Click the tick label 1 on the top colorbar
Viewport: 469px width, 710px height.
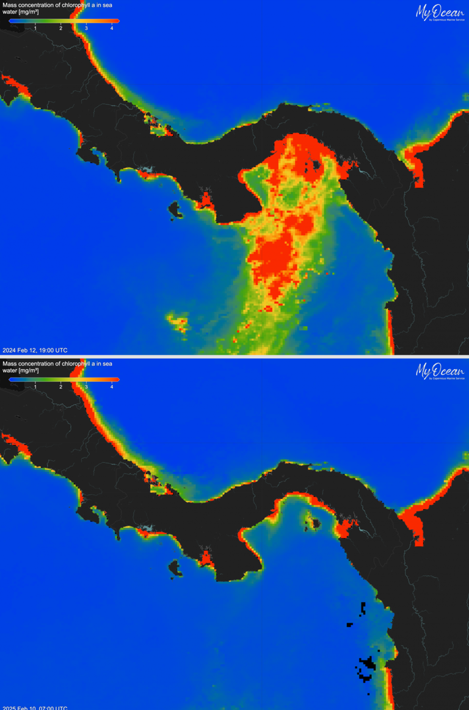coord(35,28)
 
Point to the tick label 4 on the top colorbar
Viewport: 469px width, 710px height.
coord(112,28)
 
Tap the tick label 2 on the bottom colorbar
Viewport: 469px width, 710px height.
coord(61,387)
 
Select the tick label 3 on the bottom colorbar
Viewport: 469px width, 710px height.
coord(86,387)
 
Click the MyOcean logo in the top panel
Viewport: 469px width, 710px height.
coord(440,12)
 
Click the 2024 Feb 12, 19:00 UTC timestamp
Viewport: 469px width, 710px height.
coord(35,350)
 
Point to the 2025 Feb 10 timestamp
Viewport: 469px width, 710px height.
coord(35,708)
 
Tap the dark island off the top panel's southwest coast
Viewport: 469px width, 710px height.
coord(176,210)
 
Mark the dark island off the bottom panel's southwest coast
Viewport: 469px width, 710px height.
coord(176,569)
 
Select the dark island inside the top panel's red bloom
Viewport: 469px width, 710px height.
coord(315,164)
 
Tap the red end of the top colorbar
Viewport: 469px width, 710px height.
coord(116,21)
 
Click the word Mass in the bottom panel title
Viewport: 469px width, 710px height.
coord(9,364)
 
